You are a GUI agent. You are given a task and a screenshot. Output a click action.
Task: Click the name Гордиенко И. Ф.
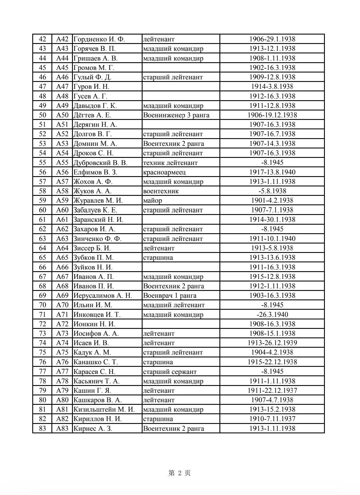(99, 39)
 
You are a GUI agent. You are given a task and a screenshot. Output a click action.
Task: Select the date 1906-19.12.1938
(272, 115)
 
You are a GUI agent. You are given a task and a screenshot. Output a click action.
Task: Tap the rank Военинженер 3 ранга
(176, 115)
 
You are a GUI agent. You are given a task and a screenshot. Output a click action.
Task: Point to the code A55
(62, 162)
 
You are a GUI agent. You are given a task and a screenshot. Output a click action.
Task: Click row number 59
(42, 200)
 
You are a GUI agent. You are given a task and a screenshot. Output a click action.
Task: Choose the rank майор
(153, 200)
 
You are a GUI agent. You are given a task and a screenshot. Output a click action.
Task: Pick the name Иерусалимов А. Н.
(103, 295)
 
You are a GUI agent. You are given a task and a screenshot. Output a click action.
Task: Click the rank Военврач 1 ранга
(170, 295)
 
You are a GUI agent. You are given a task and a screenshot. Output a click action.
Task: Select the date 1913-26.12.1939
(272, 343)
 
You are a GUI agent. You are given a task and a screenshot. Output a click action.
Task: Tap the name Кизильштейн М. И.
(104, 409)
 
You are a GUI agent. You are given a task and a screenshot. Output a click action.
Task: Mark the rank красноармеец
(164, 172)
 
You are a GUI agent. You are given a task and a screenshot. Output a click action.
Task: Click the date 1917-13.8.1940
(272, 172)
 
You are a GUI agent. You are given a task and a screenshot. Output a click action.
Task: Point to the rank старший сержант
(170, 371)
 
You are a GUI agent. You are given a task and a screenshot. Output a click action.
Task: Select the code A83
(62, 428)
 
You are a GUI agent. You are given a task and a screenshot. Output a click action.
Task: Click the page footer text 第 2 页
(180, 473)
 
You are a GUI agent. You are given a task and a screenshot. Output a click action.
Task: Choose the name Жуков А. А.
(92, 191)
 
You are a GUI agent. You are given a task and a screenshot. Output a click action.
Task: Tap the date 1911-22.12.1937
(272, 391)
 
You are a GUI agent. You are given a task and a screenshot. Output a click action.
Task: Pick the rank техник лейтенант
(170, 163)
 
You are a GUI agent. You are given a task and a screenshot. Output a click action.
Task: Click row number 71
(42, 315)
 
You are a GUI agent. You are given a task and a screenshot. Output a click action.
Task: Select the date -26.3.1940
(272, 315)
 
